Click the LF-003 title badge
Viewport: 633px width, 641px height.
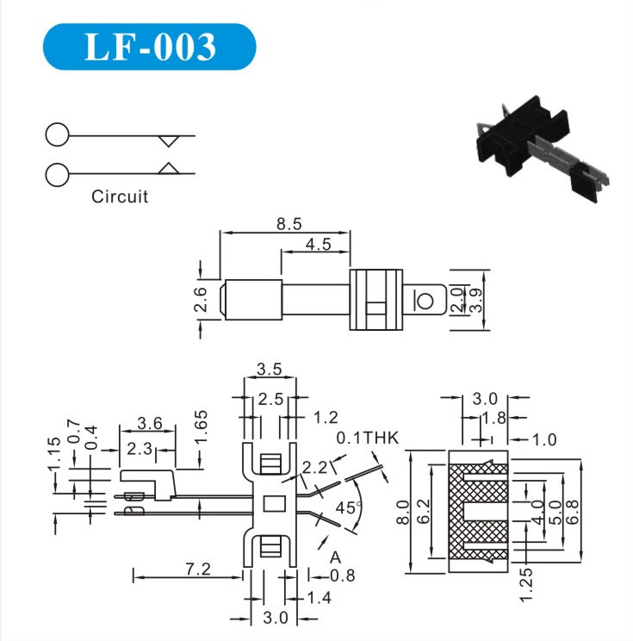pos(150,47)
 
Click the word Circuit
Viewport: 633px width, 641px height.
pos(120,196)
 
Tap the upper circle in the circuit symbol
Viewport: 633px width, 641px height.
pos(57,135)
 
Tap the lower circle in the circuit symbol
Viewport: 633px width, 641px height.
pos(57,174)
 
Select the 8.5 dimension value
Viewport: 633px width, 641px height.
pos(289,224)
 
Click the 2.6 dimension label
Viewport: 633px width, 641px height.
pos(200,299)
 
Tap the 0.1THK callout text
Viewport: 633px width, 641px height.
pos(368,438)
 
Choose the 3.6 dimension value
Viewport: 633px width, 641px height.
pos(150,423)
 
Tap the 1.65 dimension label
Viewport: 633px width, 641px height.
pos(200,428)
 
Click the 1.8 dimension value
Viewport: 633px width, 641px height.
pos(490,418)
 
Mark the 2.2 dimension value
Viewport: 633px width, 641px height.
pos(314,467)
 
